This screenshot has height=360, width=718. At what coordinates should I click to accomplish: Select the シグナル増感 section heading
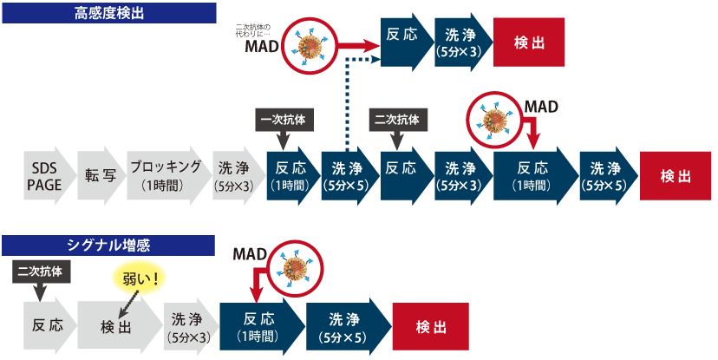(x=108, y=245)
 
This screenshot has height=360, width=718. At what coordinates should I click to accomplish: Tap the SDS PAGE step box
(x=43, y=175)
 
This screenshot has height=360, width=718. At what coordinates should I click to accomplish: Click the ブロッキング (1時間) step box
(x=165, y=175)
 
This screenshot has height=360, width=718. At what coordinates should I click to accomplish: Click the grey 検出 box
(x=117, y=326)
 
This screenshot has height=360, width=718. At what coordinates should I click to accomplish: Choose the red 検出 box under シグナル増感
(x=431, y=326)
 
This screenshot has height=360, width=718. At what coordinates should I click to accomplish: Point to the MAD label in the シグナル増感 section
(x=249, y=253)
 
